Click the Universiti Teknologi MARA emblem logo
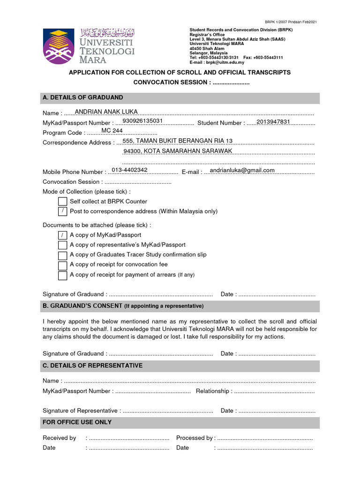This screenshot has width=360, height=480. click(x=58, y=46)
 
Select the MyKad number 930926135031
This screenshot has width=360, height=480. click(x=142, y=121)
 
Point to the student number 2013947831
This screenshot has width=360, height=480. click(x=274, y=121)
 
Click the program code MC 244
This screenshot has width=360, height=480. click(x=112, y=131)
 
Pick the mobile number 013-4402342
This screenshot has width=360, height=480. click(x=129, y=170)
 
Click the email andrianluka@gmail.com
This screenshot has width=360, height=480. click(x=242, y=170)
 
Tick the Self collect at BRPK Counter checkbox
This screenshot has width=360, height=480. click(x=62, y=201)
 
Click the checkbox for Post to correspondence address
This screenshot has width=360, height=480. click(x=62, y=211)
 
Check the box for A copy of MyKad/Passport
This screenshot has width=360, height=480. click(x=62, y=235)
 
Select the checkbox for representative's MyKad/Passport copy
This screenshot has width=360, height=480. click(x=62, y=245)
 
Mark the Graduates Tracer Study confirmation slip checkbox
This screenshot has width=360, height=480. click(x=62, y=255)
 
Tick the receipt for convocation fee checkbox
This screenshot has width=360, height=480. click(x=62, y=265)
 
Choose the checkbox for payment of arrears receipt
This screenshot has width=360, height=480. click(x=62, y=276)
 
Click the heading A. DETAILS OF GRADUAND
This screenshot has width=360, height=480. click(x=83, y=97)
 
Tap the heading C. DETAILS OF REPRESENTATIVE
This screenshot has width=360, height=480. click(x=92, y=366)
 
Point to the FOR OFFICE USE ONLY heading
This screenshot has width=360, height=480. click(x=77, y=422)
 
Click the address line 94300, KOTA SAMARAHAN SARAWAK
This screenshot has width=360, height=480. click(x=178, y=151)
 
